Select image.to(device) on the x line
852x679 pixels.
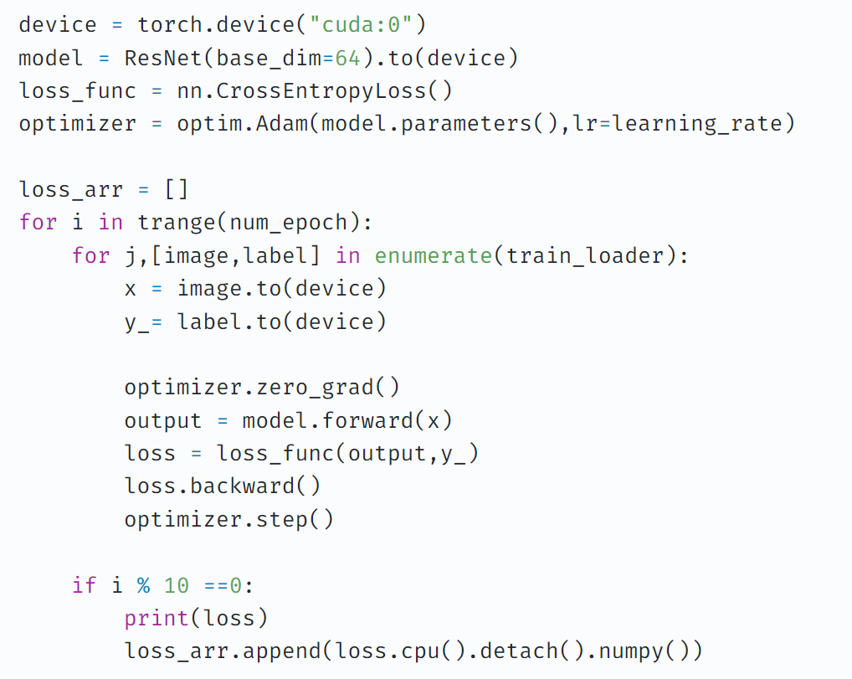tap(281, 288)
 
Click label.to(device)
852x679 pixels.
tap(281, 321)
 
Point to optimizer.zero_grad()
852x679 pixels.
tap(262, 387)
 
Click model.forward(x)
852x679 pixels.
tap(347, 419)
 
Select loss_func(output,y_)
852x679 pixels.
tap(347, 453)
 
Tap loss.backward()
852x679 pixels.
tap(223, 486)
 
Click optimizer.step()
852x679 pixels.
tap(228, 519)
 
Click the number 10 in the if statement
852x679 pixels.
tap(177, 584)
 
